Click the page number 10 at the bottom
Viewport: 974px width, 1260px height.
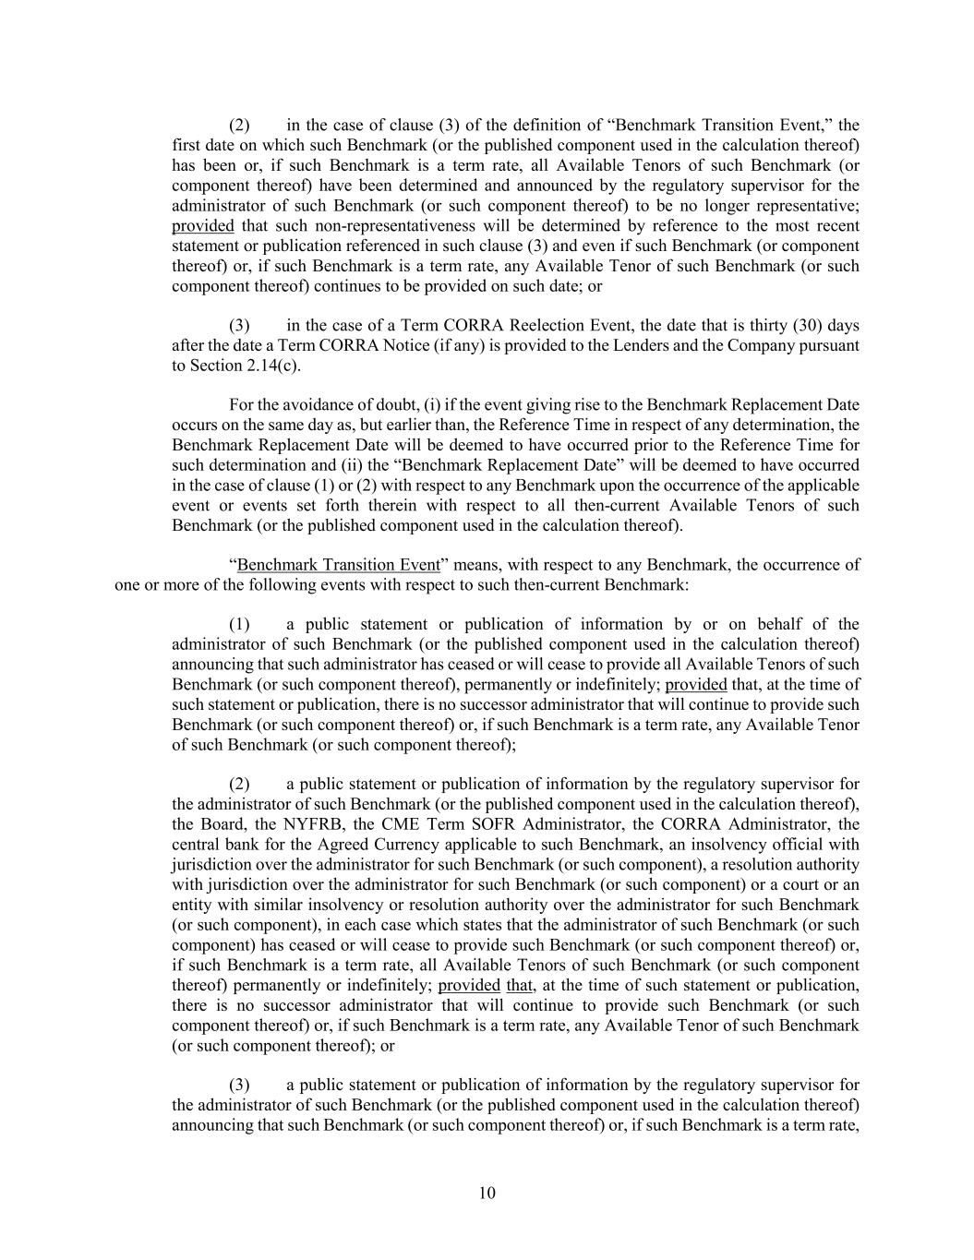coord(487,1193)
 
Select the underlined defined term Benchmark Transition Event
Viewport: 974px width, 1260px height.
coord(338,565)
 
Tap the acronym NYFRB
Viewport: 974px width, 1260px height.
coord(289,824)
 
